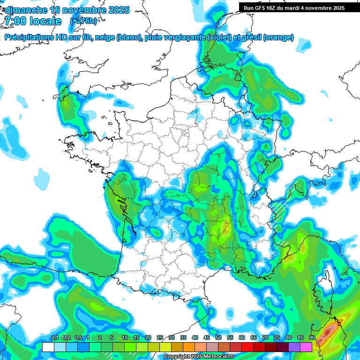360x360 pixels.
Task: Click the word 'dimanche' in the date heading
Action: tap(26, 10)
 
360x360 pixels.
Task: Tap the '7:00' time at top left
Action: tap(15, 21)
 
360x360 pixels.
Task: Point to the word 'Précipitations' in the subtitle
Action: tap(30, 37)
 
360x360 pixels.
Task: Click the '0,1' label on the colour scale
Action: tap(55, 338)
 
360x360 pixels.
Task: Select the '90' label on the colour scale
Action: tap(312, 338)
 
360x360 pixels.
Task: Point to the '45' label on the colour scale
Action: tap(207, 338)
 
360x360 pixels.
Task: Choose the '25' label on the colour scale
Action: tap(160, 338)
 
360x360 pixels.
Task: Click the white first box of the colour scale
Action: tap(48, 347)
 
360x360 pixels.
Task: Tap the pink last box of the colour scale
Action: tap(306, 347)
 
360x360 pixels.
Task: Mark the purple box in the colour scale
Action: tap(294, 347)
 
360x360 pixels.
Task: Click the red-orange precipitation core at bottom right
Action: tap(329, 331)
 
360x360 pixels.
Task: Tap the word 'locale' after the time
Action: tap(45, 21)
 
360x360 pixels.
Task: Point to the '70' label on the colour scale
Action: tap(265, 338)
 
